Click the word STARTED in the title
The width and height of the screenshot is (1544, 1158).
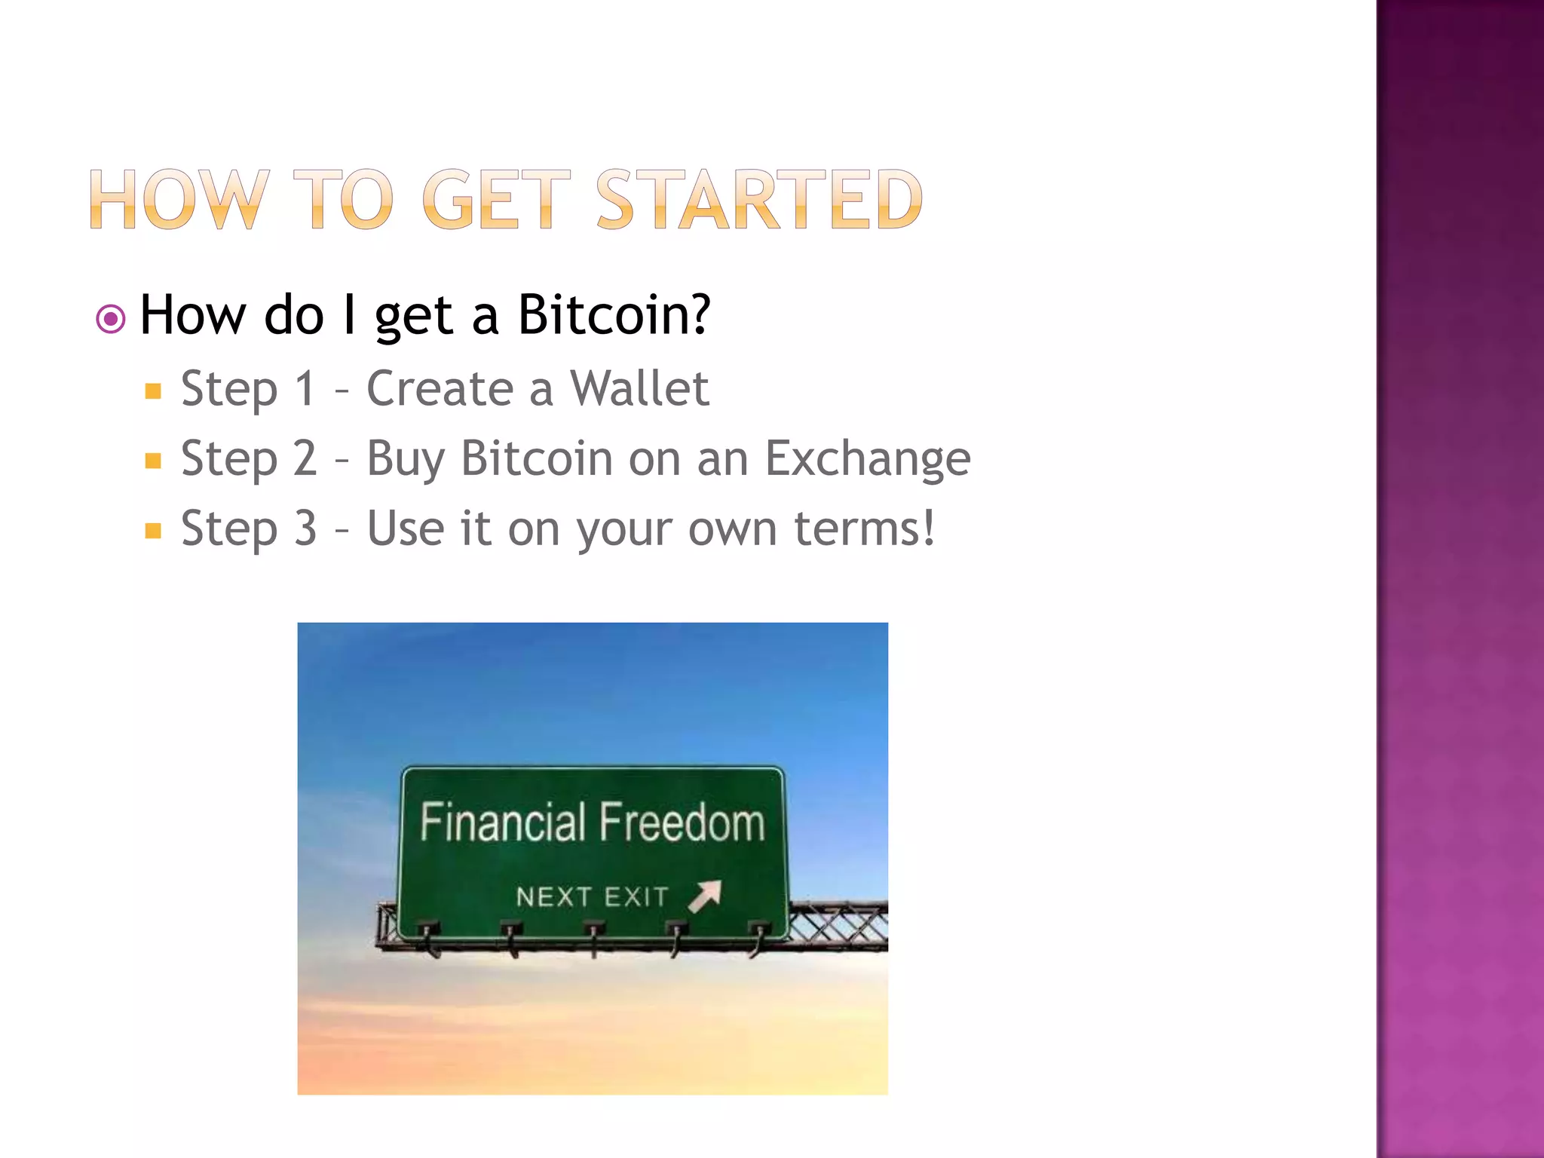(x=759, y=200)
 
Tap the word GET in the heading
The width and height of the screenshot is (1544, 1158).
(x=495, y=200)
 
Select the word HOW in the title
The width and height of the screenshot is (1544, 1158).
(x=179, y=200)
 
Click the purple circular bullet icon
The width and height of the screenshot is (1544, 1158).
(x=111, y=319)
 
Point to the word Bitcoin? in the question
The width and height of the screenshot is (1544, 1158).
(x=614, y=315)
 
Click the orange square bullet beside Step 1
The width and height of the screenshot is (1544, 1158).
(x=154, y=391)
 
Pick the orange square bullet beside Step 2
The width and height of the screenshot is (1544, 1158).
(x=154, y=461)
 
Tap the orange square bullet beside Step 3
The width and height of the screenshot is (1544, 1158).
(x=154, y=531)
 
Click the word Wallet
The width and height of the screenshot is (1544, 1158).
(x=639, y=389)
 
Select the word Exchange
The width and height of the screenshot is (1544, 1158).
(x=868, y=459)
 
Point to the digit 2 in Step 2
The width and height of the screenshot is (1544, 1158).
(x=305, y=458)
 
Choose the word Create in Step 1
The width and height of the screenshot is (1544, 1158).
(x=440, y=389)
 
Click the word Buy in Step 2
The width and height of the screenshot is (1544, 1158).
(x=406, y=459)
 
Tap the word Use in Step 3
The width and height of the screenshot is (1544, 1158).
(x=406, y=528)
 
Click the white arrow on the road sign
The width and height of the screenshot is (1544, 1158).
(x=705, y=896)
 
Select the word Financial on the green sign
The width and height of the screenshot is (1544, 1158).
(x=503, y=823)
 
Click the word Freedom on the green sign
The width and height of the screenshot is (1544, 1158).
(x=682, y=823)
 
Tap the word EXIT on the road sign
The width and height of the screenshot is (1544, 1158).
(x=636, y=897)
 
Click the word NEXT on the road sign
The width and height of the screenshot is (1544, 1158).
(x=553, y=897)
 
